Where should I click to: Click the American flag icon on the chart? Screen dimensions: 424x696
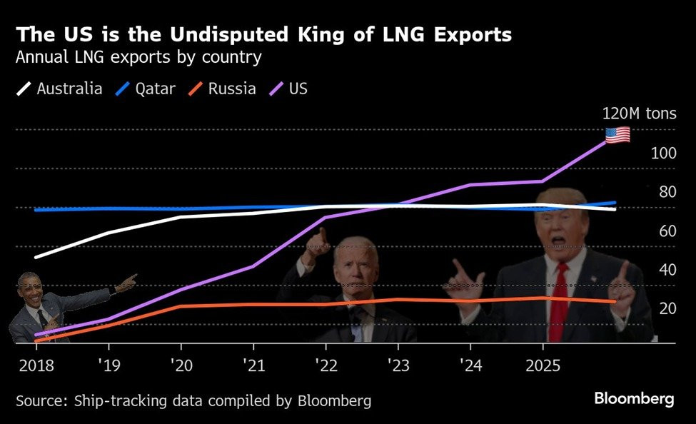point(617,134)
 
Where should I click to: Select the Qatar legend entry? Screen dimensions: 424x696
point(146,89)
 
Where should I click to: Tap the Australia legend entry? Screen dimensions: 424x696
point(60,89)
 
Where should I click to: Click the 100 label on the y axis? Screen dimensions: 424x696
point(664,153)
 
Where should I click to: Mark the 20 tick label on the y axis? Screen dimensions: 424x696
point(667,308)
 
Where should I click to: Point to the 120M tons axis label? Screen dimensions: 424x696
point(639,113)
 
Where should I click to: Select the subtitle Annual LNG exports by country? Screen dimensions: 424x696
point(138,57)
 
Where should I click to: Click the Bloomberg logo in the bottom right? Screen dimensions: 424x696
point(634,399)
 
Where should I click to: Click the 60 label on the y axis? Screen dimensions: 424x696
point(667,231)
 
